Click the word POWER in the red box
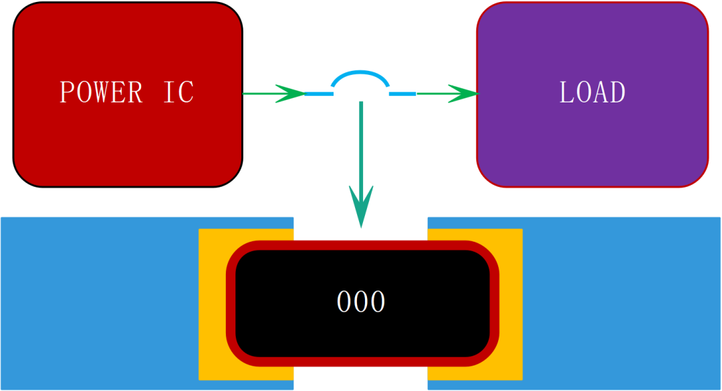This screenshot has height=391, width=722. tap(102, 92)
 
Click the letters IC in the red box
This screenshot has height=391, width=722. tap(178, 92)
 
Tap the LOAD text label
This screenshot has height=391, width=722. tap(592, 92)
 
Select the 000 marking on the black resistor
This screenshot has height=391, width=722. tap(361, 302)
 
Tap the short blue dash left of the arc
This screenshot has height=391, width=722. tap(319, 94)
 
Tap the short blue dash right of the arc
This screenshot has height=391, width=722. tap(402, 94)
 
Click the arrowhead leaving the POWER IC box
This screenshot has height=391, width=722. tap(290, 94)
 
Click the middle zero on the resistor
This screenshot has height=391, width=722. tap(361, 302)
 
